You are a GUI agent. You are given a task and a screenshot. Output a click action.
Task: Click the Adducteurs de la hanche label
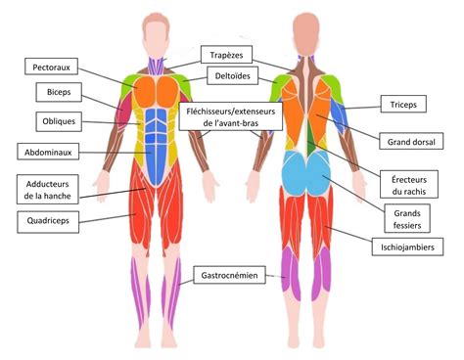click(47, 189)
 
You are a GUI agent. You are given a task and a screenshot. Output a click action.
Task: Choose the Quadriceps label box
click(46, 221)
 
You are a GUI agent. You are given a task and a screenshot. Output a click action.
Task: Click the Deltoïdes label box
click(232, 76)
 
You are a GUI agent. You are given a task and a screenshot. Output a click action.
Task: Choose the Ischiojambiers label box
click(409, 248)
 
